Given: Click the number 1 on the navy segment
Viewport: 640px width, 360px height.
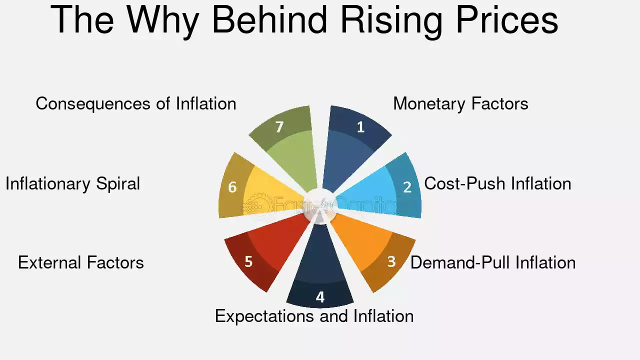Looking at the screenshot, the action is (x=361, y=127).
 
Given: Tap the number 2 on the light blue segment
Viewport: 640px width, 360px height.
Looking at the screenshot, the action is (x=407, y=187).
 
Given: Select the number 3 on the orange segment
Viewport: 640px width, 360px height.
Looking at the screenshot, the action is (x=391, y=261).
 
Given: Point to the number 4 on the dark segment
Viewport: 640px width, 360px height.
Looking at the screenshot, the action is (x=320, y=297).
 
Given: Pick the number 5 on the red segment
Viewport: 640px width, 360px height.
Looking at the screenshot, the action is (x=248, y=261).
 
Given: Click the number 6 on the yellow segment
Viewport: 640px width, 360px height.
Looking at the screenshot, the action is (x=232, y=187).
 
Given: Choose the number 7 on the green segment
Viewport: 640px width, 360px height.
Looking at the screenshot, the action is (x=279, y=127).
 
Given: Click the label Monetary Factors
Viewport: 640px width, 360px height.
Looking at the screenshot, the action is (x=460, y=103).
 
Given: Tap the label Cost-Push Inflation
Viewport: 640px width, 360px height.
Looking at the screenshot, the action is (x=497, y=183).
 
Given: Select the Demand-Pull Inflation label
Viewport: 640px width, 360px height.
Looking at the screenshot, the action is (x=493, y=262).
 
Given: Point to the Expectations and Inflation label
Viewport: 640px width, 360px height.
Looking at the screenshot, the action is (x=314, y=316).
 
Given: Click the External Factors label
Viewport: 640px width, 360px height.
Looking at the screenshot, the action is (x=81, y=262).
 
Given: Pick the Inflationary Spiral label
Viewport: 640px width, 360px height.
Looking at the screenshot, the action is (x=73, y=183).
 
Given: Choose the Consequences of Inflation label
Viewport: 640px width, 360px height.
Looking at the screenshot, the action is (x=136, y=103).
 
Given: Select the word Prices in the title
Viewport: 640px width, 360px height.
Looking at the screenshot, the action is (x=507, y=19).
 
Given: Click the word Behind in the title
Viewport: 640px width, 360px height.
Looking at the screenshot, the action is (x=269, y=19).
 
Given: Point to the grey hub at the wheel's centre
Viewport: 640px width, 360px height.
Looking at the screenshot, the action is (x=319, y=205).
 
